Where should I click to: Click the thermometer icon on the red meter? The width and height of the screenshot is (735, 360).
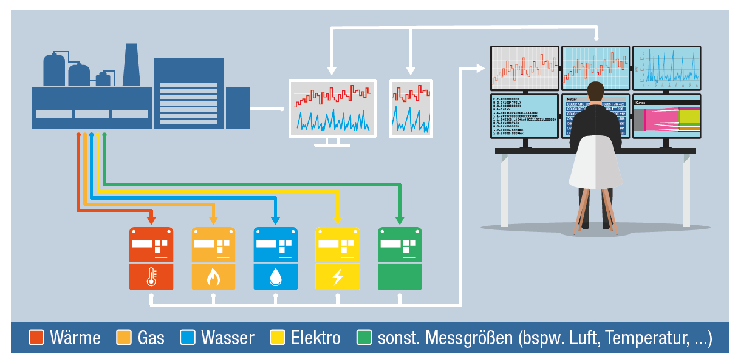pyautogui.click(x=151, y=277)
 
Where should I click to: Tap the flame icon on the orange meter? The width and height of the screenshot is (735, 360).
pyautogui.click(x=213, y=277)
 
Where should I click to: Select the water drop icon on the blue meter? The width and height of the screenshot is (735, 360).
pyautogui.click(x=275, y=277)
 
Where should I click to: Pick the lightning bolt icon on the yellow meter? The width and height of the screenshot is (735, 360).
pyautogui.click(x=337, y=277)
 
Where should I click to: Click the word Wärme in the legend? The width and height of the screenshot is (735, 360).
pyautogui.click(x=75, y=338)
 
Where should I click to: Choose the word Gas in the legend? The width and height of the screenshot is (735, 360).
pyautogui.click(x=151, y=338)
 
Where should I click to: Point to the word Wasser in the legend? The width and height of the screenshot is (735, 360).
pyautogui.click(x=227, y=338)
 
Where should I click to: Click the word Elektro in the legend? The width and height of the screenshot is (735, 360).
pyautogui.click(x=316, y=338)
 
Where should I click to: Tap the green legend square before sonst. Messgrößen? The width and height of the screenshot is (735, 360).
pyautogui.click(x=364, y=338)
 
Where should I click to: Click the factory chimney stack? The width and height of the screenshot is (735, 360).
pyautogui.click(x=131, y=65)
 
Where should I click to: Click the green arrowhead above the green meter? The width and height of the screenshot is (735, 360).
pyautogui.click(x=399, y=220)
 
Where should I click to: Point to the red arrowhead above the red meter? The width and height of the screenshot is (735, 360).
pyautogui.click(x=151, y=220)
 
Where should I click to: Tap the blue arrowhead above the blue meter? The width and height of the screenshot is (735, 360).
pyautogui.click(x=275, y=220)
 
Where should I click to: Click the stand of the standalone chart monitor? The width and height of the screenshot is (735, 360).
pyautogui.click(x=331, y=142)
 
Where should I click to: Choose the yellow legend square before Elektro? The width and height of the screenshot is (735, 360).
pyautogui.click(x=278, y=338)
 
